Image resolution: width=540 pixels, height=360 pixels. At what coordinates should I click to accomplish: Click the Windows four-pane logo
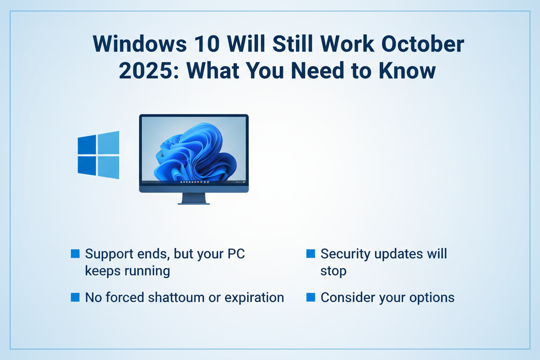[99, 155]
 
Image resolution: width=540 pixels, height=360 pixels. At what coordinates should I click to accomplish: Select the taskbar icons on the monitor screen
[194, 182]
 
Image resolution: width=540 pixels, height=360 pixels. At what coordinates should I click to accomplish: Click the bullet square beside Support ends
[75, 253]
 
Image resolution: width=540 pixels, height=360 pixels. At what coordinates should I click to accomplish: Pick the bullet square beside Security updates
[310, 253]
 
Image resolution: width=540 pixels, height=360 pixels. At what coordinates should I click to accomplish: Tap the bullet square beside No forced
[75, 297]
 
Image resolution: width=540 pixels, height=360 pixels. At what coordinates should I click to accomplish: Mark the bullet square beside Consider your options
[310, 297]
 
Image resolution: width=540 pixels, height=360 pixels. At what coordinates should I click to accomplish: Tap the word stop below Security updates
[333, 271]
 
